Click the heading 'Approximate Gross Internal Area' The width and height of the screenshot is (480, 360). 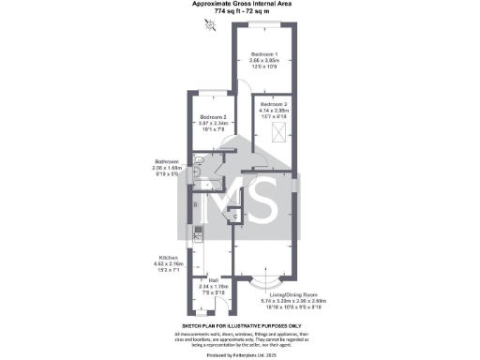tap(240, 5)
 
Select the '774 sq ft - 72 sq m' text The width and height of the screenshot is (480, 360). tap(240, 12)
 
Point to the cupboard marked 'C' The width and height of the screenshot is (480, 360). tap(235, 217)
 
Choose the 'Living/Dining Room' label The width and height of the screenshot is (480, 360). tap(281, 293)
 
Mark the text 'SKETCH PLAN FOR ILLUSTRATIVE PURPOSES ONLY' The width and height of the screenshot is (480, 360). tap(240, 325)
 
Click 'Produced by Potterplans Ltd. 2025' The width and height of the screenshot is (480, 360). tap(240, 354)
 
